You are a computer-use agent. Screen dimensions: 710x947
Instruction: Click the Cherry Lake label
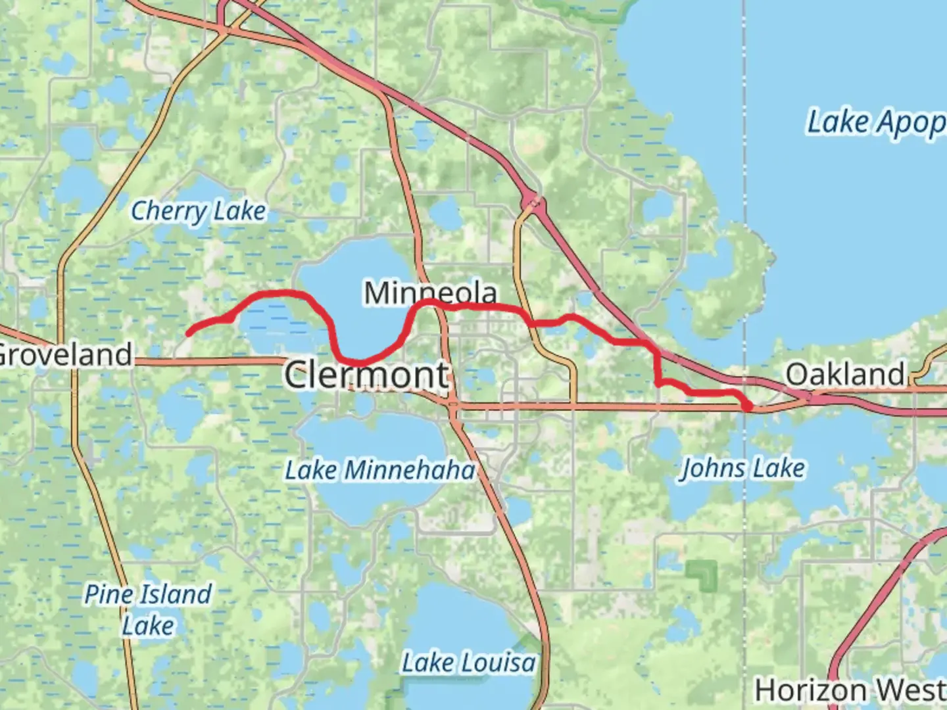pyautogui.click(x=199, y=212)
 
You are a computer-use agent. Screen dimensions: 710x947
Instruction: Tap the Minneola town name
pyautogui.click(x=430, y=293)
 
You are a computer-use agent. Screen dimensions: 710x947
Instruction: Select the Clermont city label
pyautogui.click(x=367, y=375)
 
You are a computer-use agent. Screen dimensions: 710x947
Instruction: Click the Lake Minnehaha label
pyautogui.click(x=379, y=471)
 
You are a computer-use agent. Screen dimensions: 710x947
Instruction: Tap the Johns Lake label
pyautogui.click(x=742, y=469)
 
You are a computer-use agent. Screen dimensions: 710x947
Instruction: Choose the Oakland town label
pyautogui.click(x=846, y=375)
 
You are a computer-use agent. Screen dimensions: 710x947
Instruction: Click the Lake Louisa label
pyautogui.click(x=468, y=663)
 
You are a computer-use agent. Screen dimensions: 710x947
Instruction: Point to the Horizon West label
pyautogui.click(x=850, y=690)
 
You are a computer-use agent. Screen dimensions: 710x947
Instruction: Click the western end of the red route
pyautogui.click(x=189, y=333)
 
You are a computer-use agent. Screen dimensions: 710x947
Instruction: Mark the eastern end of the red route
pyautogui.click(x=748, y=407)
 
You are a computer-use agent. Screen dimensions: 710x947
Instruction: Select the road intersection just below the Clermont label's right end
pyautogui.click(x=452, y=407)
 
